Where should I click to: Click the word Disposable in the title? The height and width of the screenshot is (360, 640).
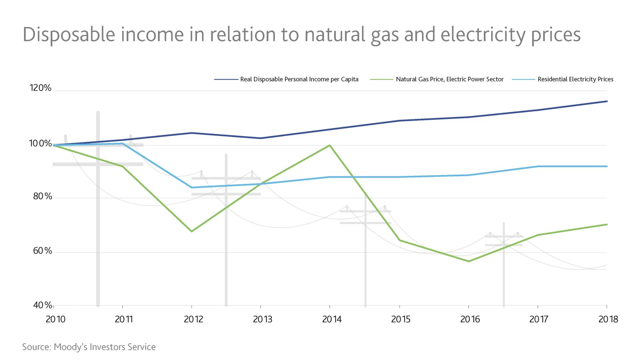pos(69,35)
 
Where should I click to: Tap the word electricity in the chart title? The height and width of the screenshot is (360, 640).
pos(483,35)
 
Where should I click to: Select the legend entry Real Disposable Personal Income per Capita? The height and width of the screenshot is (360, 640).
pos(299,79)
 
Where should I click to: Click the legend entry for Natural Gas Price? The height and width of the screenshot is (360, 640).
pos(449,79)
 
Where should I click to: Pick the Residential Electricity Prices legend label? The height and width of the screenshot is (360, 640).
pos(575,79)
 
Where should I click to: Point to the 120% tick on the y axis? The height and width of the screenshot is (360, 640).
pos(40,88)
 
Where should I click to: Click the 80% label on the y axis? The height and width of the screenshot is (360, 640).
pos(42,196)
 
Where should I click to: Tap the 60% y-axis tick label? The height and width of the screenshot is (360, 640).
pos(42,251)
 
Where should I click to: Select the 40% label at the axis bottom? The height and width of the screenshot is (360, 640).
pos(42,305)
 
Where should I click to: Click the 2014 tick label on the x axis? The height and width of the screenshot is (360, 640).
pos(332,319)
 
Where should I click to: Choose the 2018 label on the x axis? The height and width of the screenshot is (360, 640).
pos(608,319)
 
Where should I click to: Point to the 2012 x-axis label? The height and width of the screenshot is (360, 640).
pos(193,319)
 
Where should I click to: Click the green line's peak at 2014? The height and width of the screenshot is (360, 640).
pos(330,145)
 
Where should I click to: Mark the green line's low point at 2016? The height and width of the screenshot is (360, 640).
pos(469,261)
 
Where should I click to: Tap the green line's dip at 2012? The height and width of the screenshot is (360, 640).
pos(192,231)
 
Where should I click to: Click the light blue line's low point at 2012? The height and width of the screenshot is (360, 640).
pos(192,187)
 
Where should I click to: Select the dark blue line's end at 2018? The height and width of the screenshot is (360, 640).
pos(607,101)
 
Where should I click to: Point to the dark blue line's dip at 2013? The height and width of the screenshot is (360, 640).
pos(261,138)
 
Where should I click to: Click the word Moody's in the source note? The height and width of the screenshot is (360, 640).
pos(71,347)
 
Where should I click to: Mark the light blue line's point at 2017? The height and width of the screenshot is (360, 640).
pos(538,166)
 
